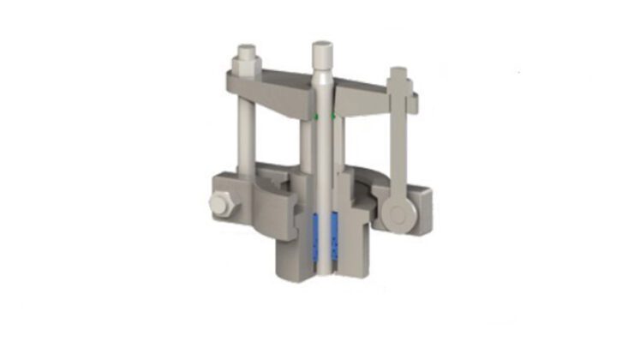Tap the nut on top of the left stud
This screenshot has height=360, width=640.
[x=245, y=62]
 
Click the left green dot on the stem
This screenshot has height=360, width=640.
[x=314, y=115]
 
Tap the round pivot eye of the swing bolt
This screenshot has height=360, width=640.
[x=396, y=213]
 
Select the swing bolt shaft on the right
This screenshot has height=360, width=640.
[x=397, y=141]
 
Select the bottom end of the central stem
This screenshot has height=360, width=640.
[x=323, y=273]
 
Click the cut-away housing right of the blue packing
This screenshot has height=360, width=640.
[x=358, y=240]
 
